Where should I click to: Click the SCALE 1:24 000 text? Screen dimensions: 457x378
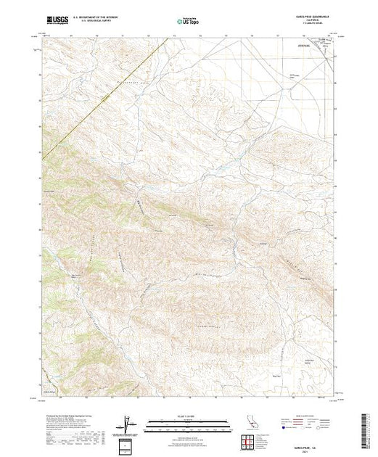point(188,417)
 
